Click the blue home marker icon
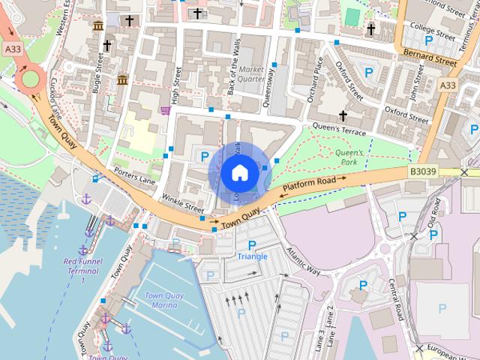pos(239,172)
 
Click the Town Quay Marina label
pos(161,300)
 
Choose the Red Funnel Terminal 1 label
pos(82,270)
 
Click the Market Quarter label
pos(253,73)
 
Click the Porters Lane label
pos(135,175)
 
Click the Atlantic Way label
pos(302,260)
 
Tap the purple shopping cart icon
pos(164,111)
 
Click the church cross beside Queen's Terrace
pos(343,115)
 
